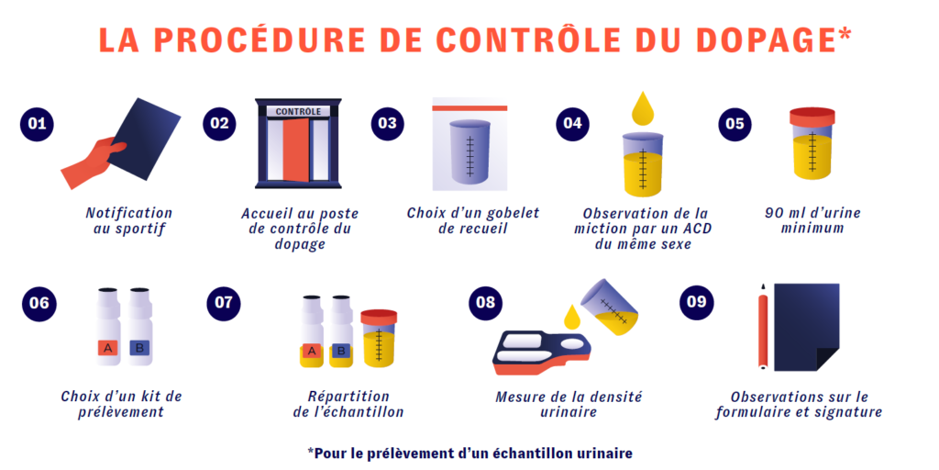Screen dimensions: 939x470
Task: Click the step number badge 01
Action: [37, 124]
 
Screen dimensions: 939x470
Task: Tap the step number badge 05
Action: [735, 124]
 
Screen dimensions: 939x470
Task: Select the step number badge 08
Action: [486, 302]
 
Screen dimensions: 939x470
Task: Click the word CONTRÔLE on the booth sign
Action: [298, 111]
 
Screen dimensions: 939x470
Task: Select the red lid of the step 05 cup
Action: [812, 117]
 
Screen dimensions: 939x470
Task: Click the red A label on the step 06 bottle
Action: [107, 348]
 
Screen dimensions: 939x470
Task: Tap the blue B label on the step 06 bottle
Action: [139, 348]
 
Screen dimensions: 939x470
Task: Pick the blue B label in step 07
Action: [341, 352]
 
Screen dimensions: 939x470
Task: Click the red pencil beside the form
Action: [763, 326]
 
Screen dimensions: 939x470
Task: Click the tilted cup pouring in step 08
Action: [609, 307]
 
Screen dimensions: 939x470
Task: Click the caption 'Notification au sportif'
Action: [128, 220]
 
